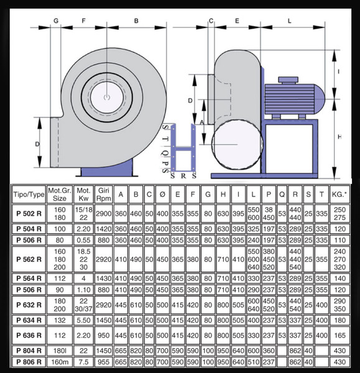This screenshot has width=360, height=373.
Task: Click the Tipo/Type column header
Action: (29, 195)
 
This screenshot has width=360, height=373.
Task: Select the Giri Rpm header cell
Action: (103, 195)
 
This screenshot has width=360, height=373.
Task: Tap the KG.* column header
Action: (339, 195)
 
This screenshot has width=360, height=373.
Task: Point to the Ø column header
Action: (162, 195)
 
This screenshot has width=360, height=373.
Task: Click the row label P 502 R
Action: (29, 214)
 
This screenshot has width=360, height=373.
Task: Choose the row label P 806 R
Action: (29, 362)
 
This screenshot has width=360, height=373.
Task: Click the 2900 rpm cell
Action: (103, 214)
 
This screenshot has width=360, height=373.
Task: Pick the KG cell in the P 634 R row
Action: (339, 320)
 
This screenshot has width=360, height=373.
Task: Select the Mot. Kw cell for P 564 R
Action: (83, 279)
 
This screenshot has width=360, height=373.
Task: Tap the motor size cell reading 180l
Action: (60, 351)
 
